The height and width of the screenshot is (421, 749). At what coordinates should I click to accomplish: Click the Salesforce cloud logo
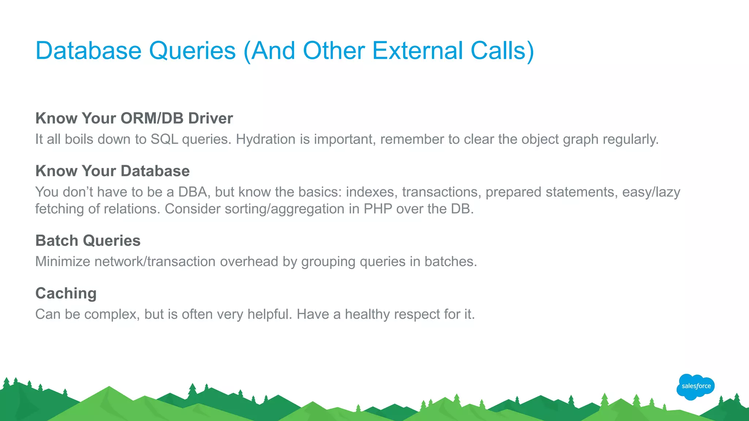click(696, 387)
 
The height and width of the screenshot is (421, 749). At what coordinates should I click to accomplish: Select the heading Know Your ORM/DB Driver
click(134, 118)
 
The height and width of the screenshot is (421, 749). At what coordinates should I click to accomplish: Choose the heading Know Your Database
click(112, 171)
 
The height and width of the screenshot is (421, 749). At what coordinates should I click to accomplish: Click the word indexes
click(370, 192)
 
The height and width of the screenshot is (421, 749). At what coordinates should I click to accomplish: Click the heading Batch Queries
click(88, 241)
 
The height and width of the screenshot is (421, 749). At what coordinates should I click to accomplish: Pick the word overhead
click(249, 262)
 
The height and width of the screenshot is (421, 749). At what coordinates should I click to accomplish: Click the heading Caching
click(66, 293)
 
